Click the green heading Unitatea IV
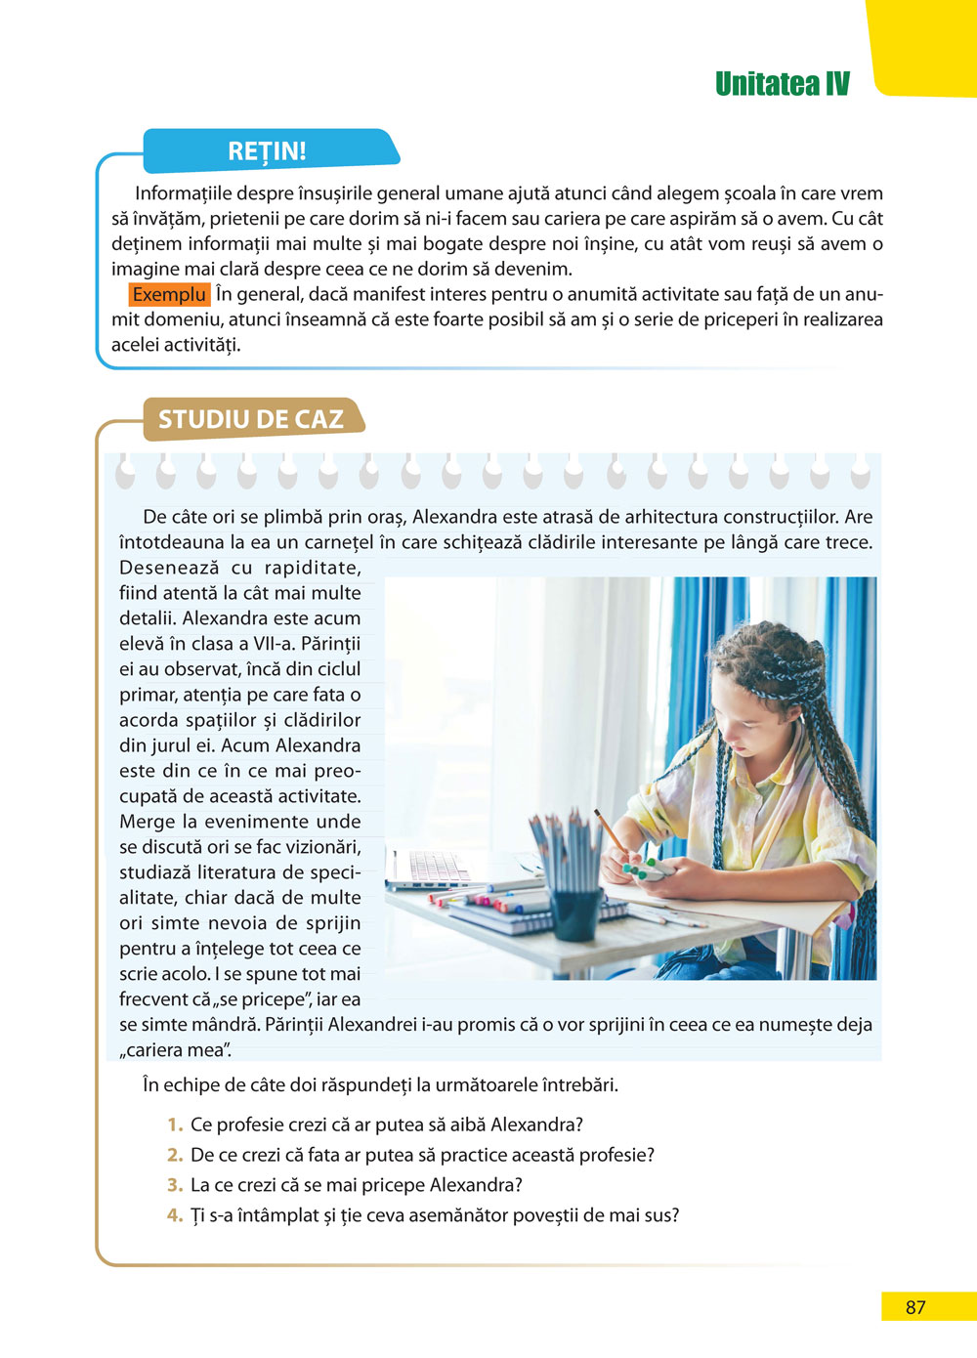pyautogui.click(x=782, y=84)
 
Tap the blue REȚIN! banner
pyautogui.click(x=267, y=151)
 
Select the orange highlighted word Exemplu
pyautogui.click(x=169, y=295)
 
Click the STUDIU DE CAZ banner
pyautogui.click(x=251, y=420)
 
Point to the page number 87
pyautogui.click(x=915, y=1307)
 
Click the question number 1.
pyautogui.click(x=176, y=1125)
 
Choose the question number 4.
pyautogui.click(x=175, y=1216)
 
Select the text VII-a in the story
pyautogui.click(x=271, y=644)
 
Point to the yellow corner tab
pyautogui.click(x=923, y=44)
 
